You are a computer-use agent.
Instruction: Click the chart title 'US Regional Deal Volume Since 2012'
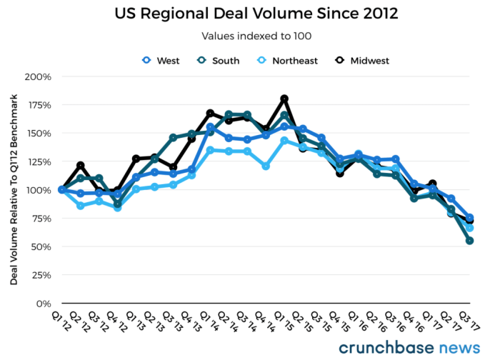242,13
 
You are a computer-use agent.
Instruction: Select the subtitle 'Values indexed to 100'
242,36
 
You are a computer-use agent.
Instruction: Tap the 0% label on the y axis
45,304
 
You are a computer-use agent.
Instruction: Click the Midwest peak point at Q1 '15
284,99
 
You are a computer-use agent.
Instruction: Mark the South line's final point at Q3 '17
470,241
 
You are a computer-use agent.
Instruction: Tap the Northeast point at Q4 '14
266,166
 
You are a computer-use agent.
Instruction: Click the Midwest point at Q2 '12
81,166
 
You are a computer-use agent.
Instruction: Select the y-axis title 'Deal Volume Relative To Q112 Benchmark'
14,190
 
